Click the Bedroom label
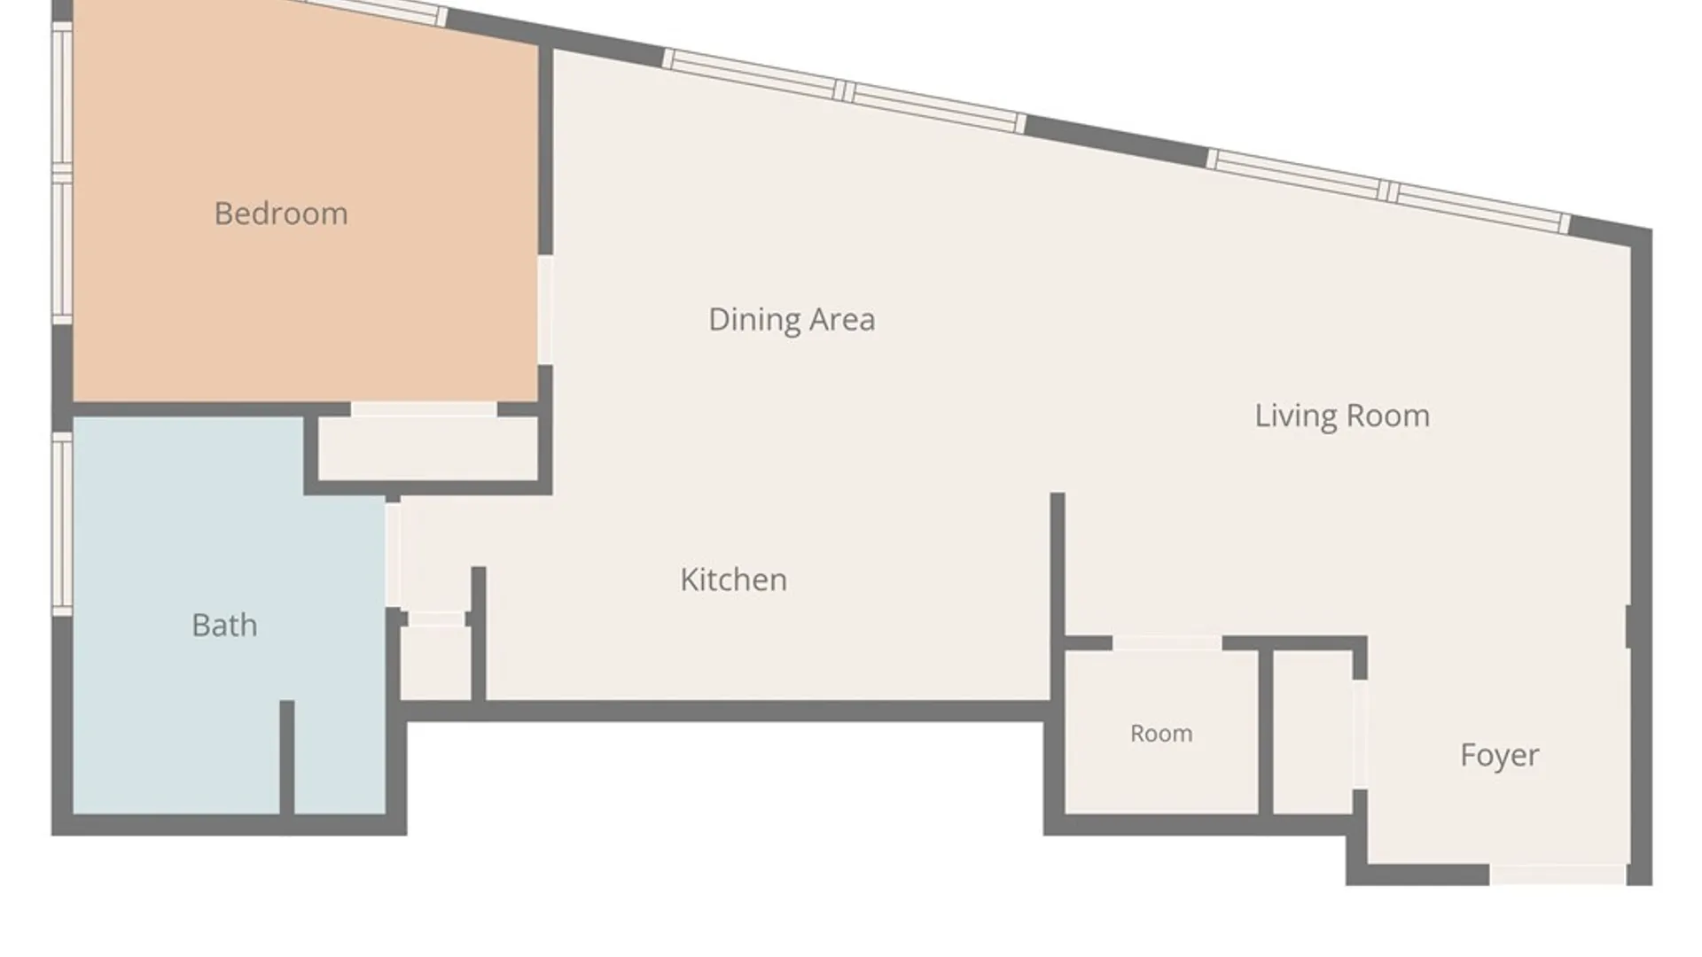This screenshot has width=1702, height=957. pos(281,214)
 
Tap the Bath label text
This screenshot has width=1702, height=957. pos(225,626)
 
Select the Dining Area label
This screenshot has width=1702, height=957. pos(792,320)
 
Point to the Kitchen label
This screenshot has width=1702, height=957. pos(733,580)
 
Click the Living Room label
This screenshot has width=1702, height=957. pos(1342,416)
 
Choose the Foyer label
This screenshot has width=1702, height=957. pos(1500,755)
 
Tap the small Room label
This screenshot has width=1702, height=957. pos(1161,734)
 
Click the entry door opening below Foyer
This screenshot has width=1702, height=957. pos(1558,875)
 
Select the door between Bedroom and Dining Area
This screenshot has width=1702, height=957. pos(545,309)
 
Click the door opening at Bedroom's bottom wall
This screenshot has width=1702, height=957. pos(424,409)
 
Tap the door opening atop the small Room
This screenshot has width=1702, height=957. pos(1167,643)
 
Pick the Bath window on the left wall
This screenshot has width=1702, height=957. pos(61,524)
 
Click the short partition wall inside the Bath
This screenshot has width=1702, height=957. pos(287,758)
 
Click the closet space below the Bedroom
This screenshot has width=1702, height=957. pos(429,449)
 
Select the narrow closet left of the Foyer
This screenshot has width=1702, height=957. pos(1313,734)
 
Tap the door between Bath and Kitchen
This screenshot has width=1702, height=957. pos(392,554)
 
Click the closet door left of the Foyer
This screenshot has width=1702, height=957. pos(1360,735)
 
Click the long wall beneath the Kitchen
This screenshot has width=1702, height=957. pos(725,711)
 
